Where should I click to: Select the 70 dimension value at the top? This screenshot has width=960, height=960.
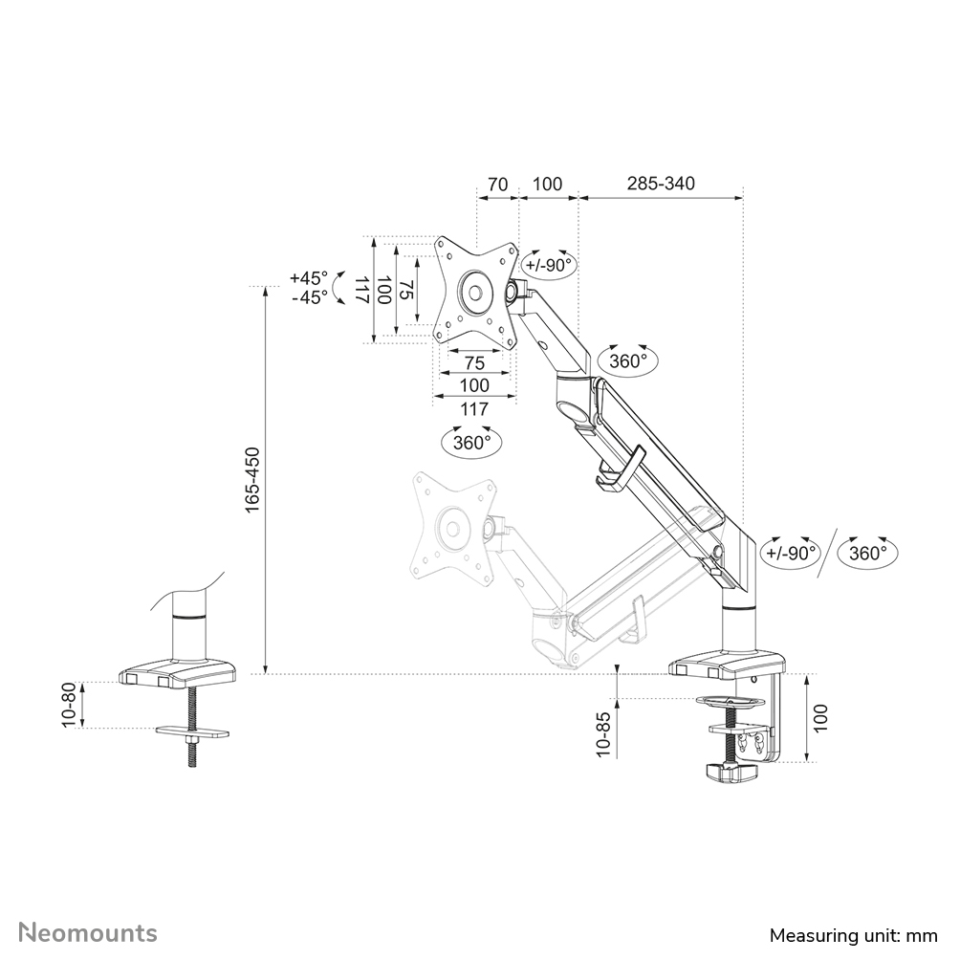pyautogui.click(x=496, y=184)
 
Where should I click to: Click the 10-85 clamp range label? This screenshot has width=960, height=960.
pyautogui.click(x=601, y=733)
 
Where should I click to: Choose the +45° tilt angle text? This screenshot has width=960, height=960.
pyautogui.click(x=308, y=278)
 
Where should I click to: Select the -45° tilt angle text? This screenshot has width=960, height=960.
pyautogui.click(x=308, y=297)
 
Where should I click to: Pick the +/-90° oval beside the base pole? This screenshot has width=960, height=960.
pyautogui.click(x=790, y=553)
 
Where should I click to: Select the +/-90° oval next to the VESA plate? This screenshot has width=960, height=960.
pyautogui.click(x=549, y=265)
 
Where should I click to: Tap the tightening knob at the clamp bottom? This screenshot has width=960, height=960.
pyautogui.click(x=731, y=771)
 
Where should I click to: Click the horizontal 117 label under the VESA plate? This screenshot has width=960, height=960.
pyautogui.click(x=474, y=409)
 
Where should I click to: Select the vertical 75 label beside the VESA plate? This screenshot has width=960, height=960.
pyautogui.click(x=406, y=291)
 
